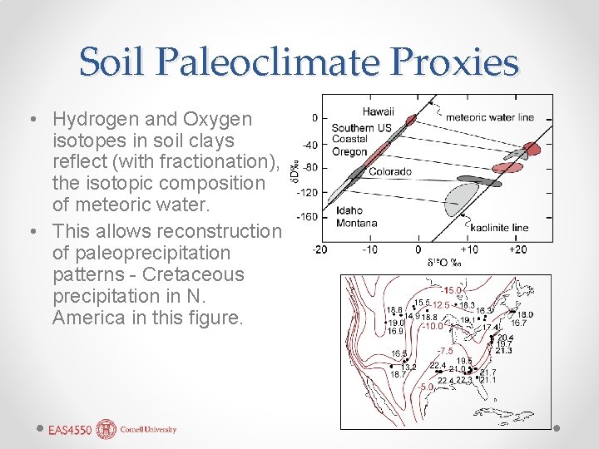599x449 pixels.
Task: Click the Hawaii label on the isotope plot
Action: point(379,112)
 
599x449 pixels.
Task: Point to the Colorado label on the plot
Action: point(390,172)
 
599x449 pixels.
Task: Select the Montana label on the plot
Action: point(357,223)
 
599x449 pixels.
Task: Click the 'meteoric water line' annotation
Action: point(490,117)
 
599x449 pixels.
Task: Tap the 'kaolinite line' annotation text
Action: point(499,228)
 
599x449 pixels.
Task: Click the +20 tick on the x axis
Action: point(519,249)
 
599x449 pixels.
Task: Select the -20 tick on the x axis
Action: point(320,249)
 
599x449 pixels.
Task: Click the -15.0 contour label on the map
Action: point(453,290)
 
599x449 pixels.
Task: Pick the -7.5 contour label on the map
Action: point(445,351)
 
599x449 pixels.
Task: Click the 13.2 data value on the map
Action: point(408,367)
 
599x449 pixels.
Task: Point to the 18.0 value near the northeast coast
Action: point(525,314)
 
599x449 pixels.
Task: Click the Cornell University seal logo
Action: point(106,430)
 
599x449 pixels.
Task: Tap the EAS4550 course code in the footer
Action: point(69,431)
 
